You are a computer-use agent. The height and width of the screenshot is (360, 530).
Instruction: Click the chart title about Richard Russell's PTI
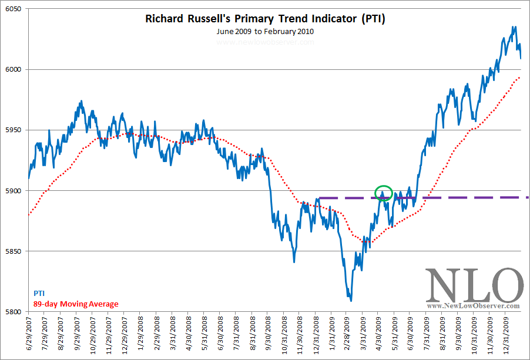(x=265, y=19)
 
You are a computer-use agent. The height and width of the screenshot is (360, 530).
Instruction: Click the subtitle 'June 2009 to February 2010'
(x=265, y=32)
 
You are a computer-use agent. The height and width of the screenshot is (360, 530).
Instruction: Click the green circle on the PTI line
(x=383, y=193)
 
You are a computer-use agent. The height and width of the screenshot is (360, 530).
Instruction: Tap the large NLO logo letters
(x=473, y=285)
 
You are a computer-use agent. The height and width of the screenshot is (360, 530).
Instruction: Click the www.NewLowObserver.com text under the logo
(x=473, y=306)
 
